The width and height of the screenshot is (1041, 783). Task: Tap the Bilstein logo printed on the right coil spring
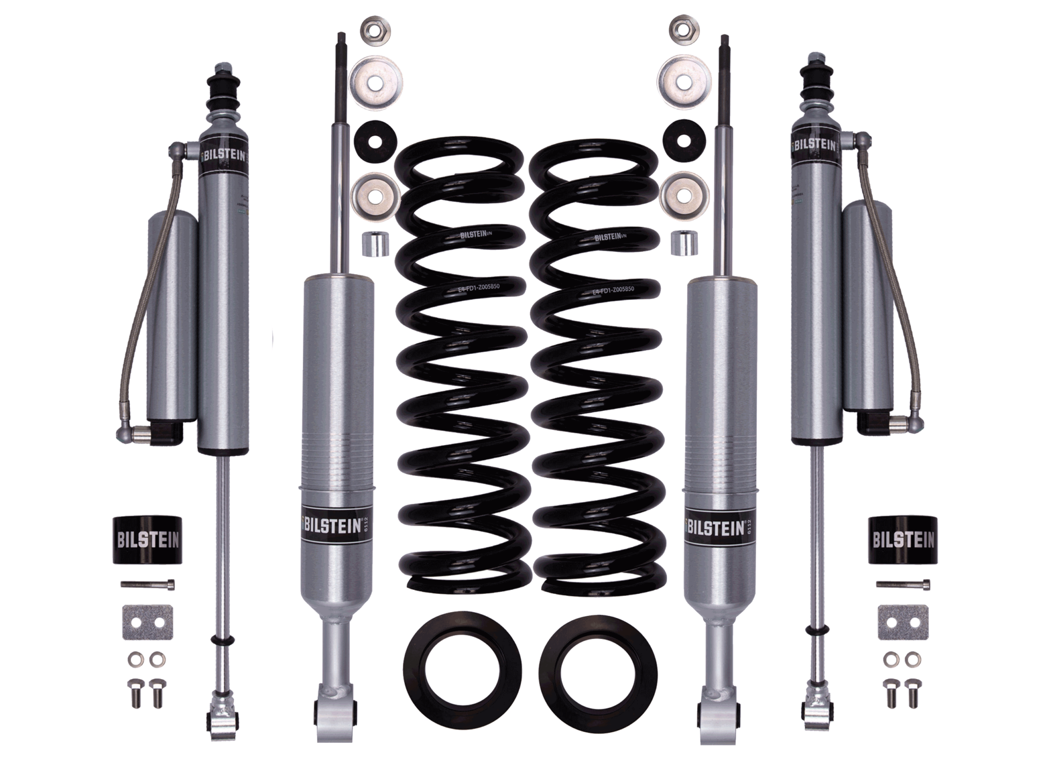pos(609,237)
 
